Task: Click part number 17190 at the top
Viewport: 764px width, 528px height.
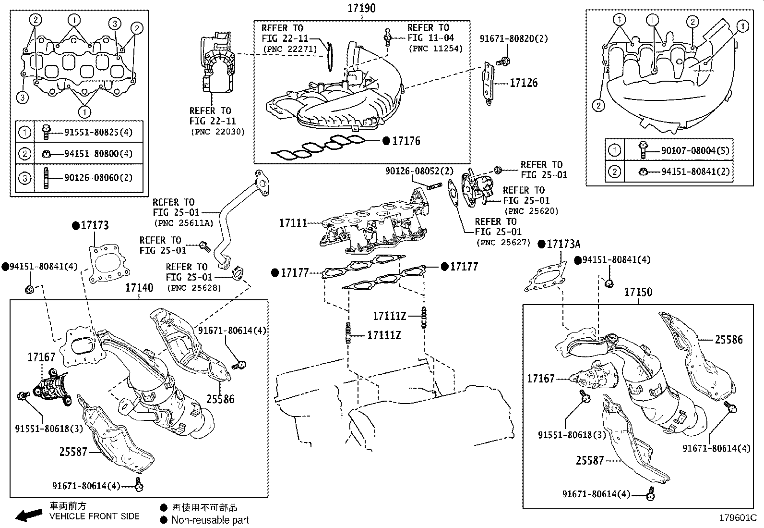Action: [x=362, y=8]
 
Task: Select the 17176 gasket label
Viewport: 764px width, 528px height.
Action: [x=406, y=141]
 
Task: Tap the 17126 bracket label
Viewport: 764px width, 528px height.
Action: [x=523, y=83]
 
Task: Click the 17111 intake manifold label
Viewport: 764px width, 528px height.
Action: [x=293, y=223]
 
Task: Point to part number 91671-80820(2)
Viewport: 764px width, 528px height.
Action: [x=513, y=39]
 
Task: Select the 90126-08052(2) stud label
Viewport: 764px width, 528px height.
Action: [x=419, y=171]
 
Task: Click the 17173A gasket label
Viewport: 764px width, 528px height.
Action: [x=563, y=244]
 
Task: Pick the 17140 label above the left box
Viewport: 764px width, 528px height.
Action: [x=139, y=288]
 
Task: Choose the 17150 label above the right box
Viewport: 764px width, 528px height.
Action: [x=638, y=292]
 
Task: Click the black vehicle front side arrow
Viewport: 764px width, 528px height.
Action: [x=29, y=516]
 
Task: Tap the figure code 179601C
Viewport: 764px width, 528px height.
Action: [x=737, y=518]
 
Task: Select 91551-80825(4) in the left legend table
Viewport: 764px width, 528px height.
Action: [x=98, y=132]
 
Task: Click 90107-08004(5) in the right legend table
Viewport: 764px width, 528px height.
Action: [x=695, y=151]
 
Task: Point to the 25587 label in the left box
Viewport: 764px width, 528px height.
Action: [x=73, y=452]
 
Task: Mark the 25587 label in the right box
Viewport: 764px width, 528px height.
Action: [x=590, y=461]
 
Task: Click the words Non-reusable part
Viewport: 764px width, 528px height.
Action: [x=210, y=520]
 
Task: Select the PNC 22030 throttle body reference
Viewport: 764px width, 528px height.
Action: [x=217, y=132]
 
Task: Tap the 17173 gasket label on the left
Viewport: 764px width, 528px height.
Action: [x=95, y=225]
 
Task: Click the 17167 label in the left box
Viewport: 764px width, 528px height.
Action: [x=41, y=357]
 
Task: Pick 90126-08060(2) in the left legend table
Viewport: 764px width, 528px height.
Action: [x=98, y=178]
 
